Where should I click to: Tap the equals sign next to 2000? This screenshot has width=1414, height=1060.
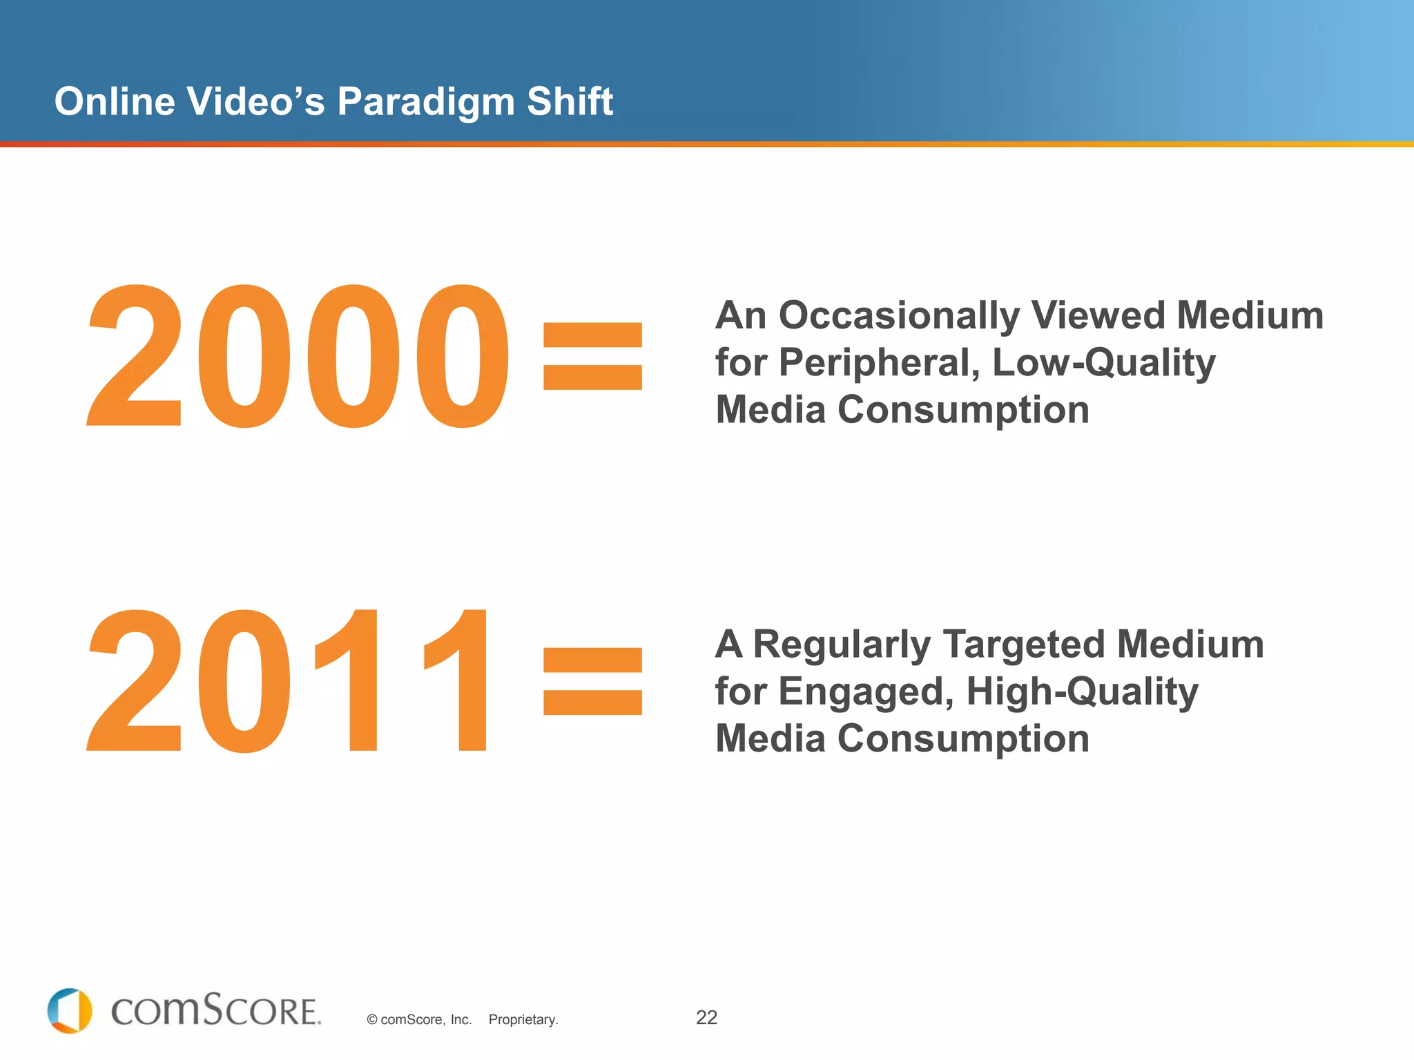592,356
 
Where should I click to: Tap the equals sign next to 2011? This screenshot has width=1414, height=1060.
592,680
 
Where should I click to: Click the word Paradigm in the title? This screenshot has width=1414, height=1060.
426,103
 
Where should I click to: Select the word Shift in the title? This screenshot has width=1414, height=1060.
570,101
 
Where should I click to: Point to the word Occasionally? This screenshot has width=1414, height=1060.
899,317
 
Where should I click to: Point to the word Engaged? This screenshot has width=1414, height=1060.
866,692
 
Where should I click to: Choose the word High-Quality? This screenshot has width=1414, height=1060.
1082,692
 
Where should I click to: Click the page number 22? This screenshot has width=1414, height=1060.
706,1017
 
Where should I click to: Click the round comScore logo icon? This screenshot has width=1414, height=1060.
70,1011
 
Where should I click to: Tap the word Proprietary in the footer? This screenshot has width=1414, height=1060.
523,1019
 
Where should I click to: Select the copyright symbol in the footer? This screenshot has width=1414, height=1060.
372,1020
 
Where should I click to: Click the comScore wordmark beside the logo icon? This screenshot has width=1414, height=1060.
215,1011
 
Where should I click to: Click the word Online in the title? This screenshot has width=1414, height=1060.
115,101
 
